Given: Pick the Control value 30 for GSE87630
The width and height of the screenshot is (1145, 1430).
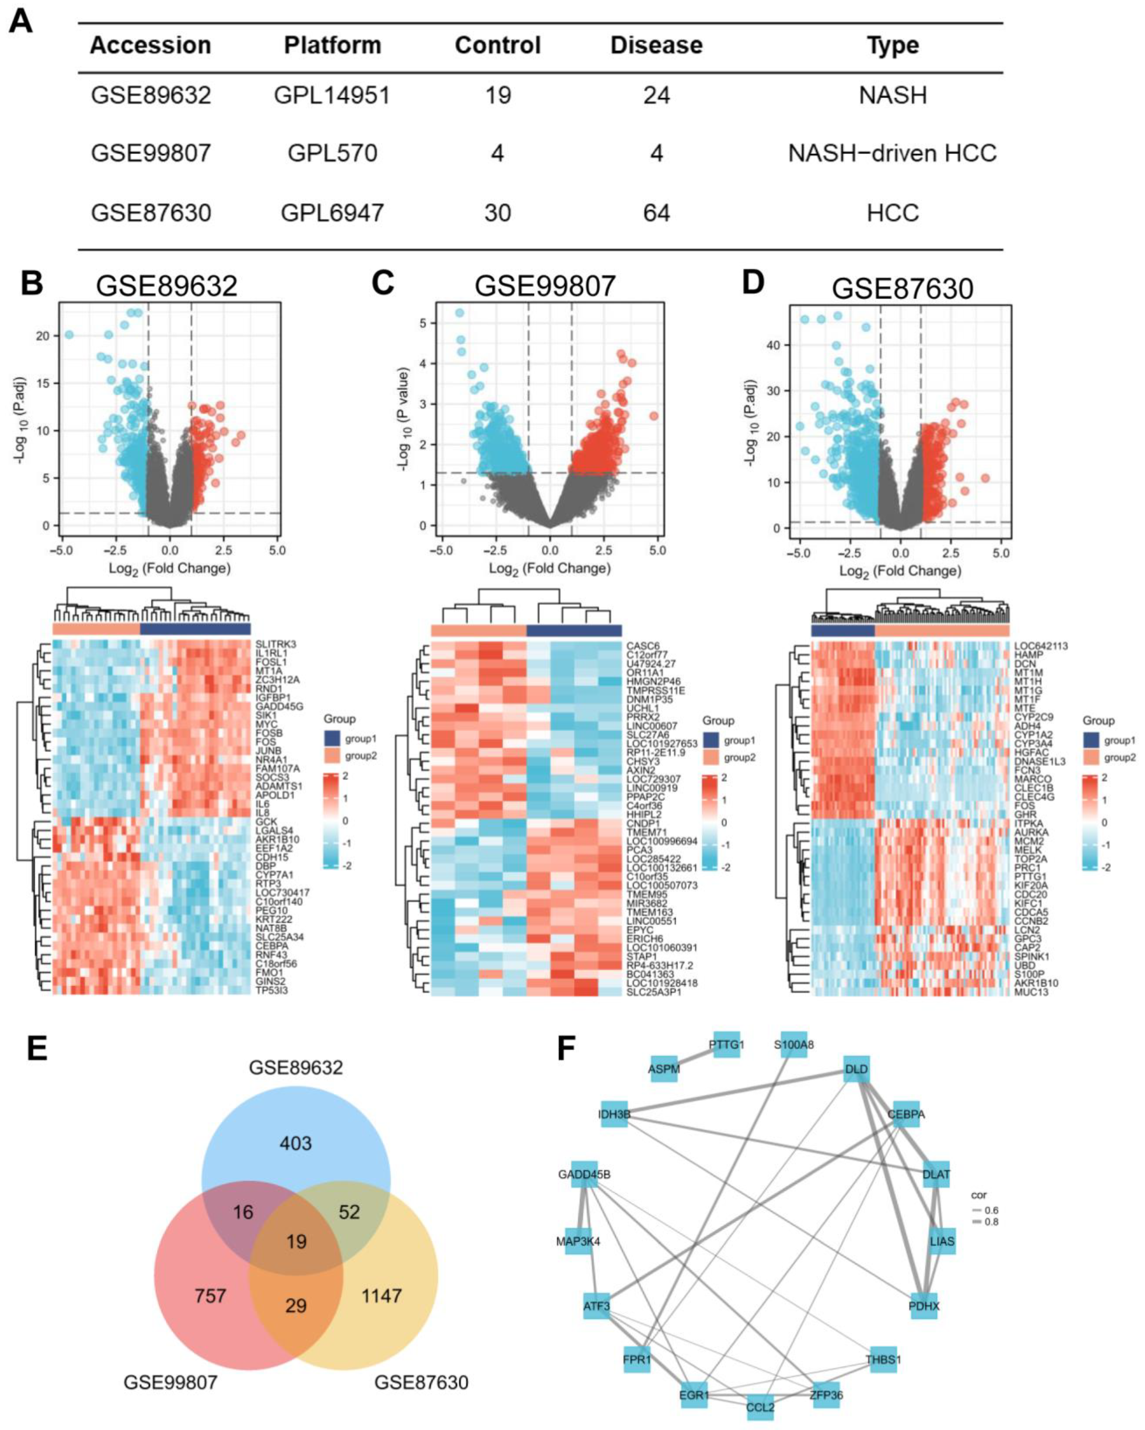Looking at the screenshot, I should tap(498, 213).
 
